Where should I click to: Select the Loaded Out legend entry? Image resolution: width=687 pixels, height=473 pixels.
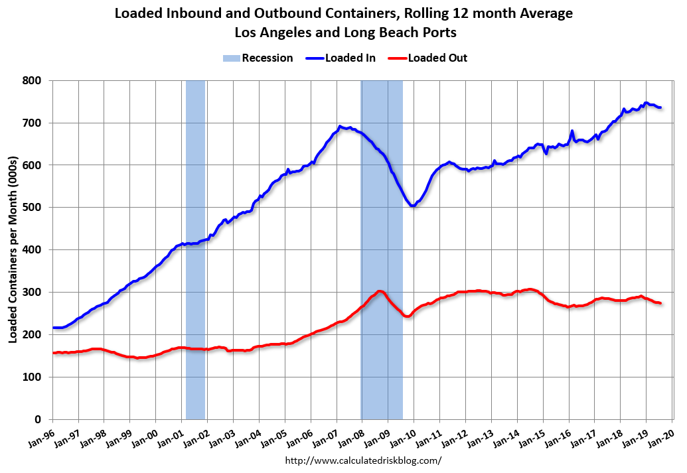pos(437,58)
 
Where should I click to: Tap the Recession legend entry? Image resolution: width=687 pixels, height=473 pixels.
pos(267,58)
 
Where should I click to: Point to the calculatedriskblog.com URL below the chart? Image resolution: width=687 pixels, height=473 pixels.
pos(363,460)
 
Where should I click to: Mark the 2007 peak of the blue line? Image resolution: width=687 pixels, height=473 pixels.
pos(340,126)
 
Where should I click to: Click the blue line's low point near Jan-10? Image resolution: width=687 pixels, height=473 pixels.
pos(413,206)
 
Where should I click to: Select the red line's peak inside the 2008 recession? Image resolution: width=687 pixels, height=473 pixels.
pos(380,291)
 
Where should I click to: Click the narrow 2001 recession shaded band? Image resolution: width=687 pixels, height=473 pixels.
pos(195,249)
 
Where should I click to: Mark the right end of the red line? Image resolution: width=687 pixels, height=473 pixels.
pos(660,303)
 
